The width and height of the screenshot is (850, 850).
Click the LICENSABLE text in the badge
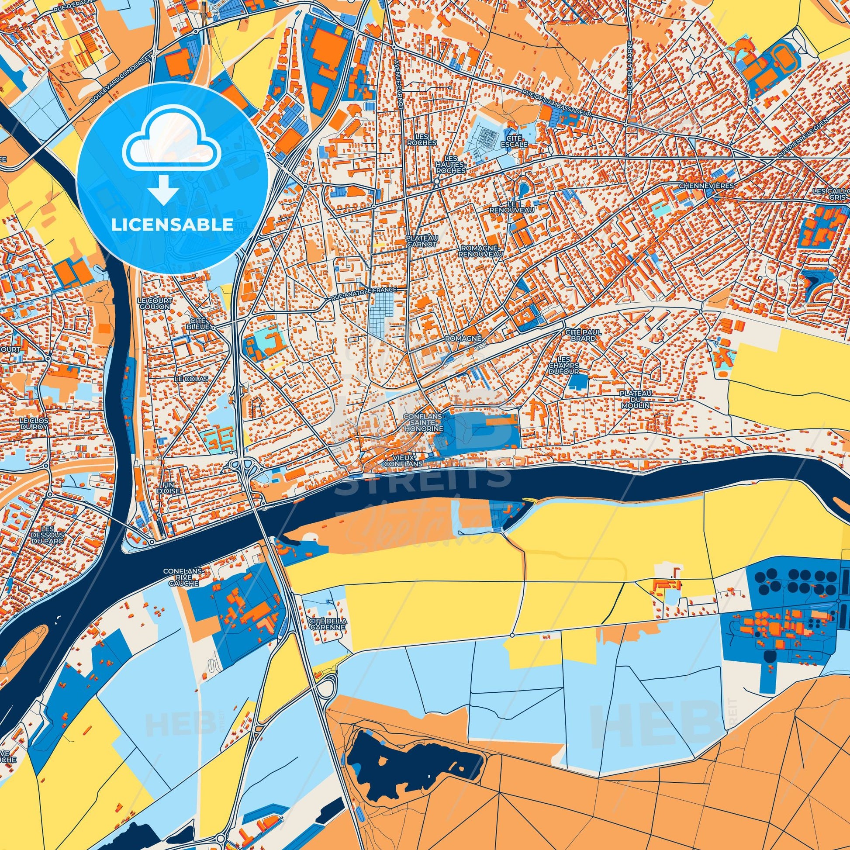(x=172, y=225)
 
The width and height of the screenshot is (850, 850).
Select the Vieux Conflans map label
(x=403, y=461)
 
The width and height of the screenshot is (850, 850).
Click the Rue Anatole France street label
(x=363, y=294)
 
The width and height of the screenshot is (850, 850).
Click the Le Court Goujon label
(x=155, y=303)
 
